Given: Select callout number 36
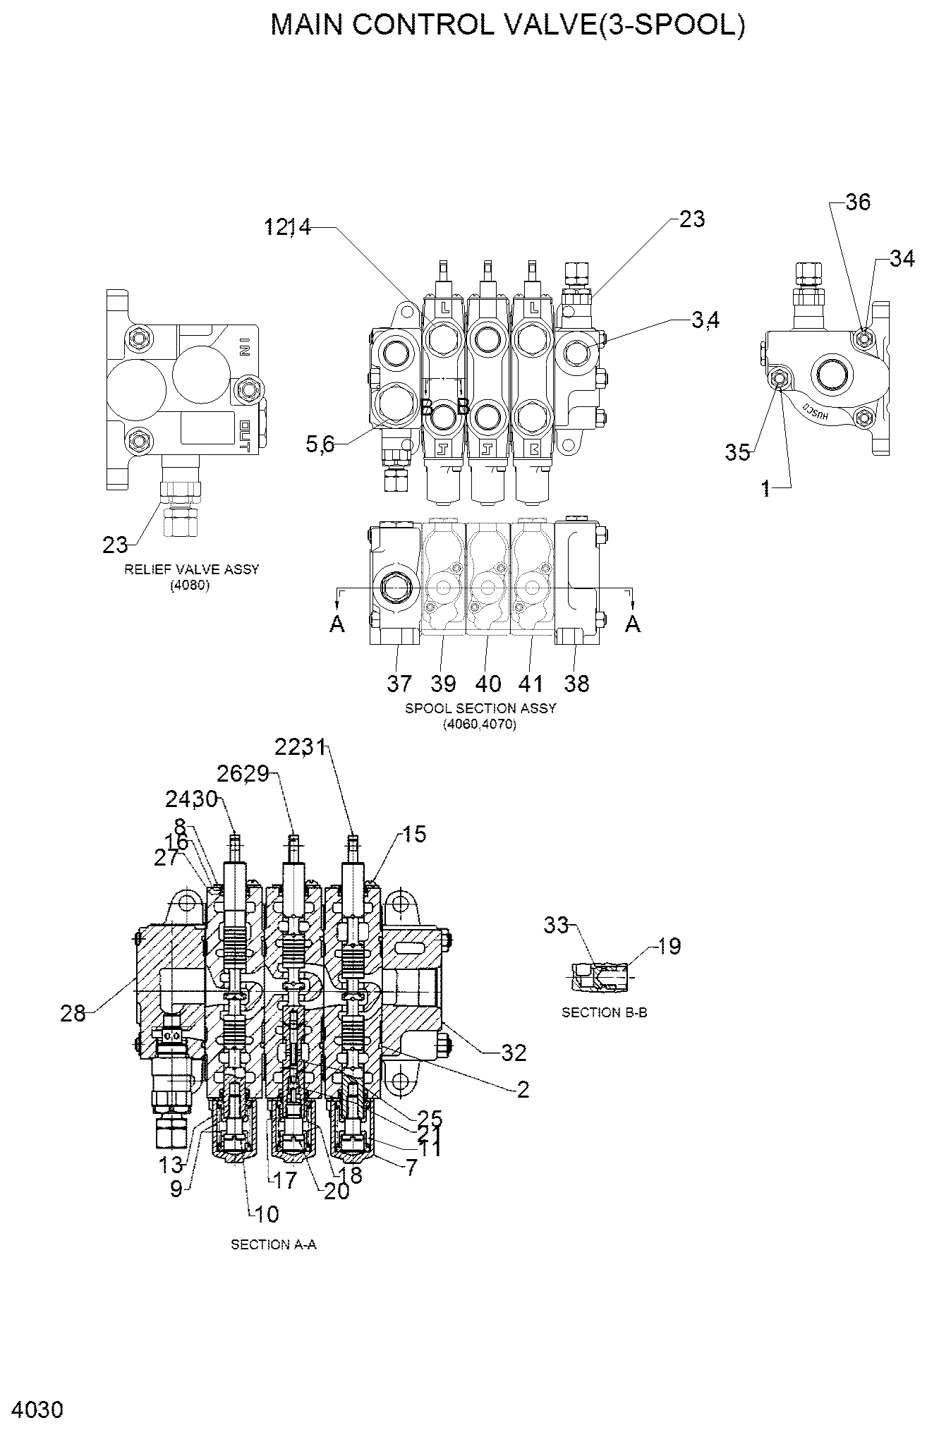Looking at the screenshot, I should (x=858, y=202).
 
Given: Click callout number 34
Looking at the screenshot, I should (x=901, y=259).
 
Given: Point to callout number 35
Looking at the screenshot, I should (x=738, y=452).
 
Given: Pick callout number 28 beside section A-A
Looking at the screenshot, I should (x=73, y=1014).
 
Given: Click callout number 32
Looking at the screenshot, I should (x=514, y=1053).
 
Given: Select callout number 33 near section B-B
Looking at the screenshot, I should (x=556, y=925).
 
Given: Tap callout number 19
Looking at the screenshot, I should (x=669, y=947).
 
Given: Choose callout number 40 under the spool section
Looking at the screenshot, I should (x=488, y=683).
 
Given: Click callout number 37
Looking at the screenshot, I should (x=399, y=683).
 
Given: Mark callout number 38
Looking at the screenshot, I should (x=576, y=683).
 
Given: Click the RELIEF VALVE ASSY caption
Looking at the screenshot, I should (x=191, y=569).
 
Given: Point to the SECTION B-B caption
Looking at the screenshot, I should (x=604, y=1012).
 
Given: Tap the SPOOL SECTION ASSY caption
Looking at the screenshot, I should (x=480, y=708).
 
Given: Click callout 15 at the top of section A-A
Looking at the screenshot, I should (x=415, y=835).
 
